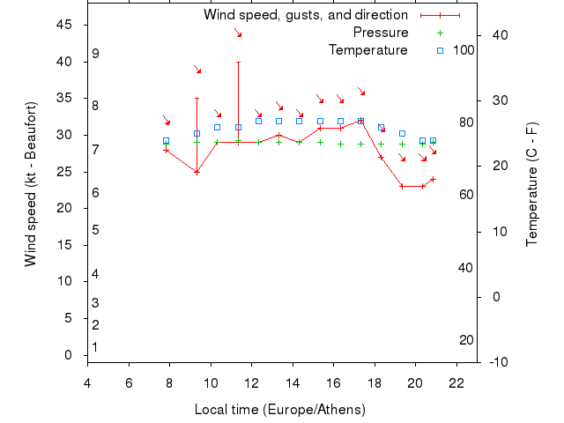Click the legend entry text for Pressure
coord(380,33)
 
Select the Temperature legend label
coord(367,50)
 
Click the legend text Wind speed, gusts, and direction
coord(305,15)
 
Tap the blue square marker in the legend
coord(440,50)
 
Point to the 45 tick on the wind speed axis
coord(64,25)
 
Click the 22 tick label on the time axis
coord(456,383)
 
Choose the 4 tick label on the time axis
coord(87,383)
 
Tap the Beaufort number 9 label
coord(95,54)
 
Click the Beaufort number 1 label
coord(95,347)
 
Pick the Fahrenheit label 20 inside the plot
coord(467,340)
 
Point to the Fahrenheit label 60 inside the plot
coord(467,195)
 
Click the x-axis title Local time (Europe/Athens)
coord(279,410)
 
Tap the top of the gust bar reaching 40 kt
coord(238,62)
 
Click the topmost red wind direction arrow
coord(238,33)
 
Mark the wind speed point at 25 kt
coord(197,172)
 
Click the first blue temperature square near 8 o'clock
coord(166,141)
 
